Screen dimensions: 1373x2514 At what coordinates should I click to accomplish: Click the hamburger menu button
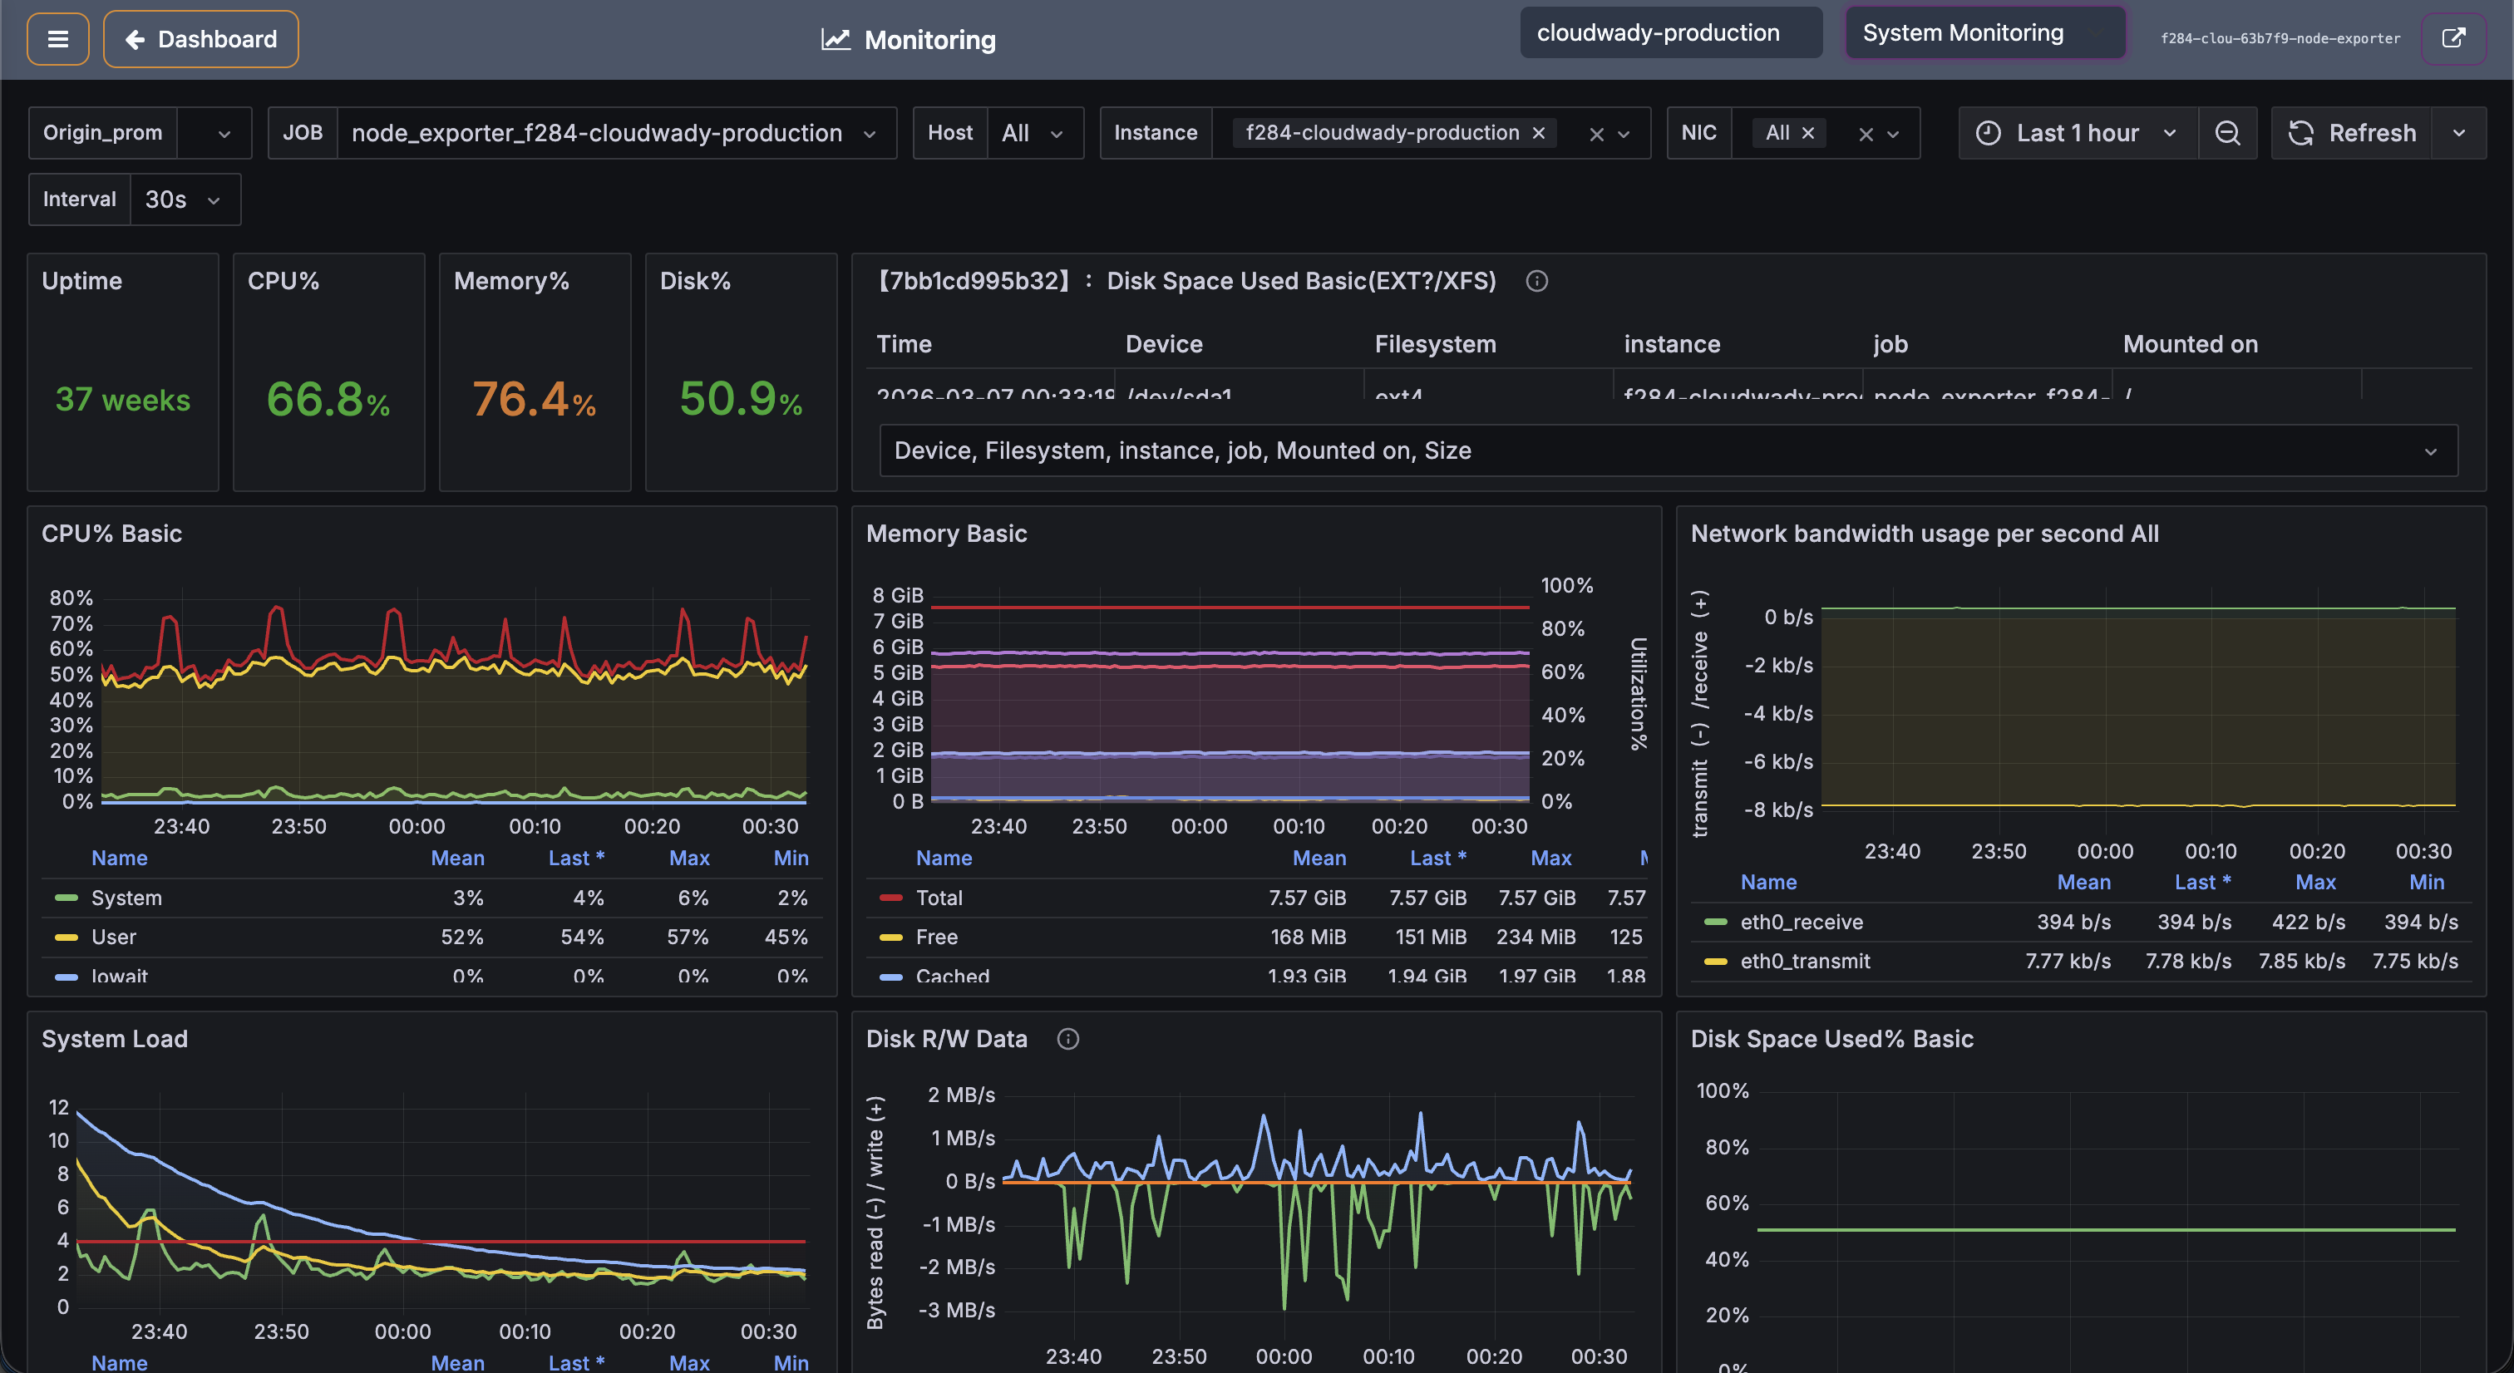(57, 39)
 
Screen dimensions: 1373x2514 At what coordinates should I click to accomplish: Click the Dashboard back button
(201, 39)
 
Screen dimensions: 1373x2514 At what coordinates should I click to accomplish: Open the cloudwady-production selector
(1670, 33)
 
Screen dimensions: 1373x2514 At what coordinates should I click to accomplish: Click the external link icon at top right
(2452, 38)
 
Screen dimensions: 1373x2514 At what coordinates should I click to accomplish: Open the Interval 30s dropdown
(184, 199)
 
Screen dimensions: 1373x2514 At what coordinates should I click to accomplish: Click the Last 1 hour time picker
(2078, 133)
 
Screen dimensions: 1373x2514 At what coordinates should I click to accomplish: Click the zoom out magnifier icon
(2227, 133)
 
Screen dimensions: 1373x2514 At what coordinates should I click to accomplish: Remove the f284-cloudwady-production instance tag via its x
(1539, 133)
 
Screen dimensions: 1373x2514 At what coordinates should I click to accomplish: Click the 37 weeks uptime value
(123, 400)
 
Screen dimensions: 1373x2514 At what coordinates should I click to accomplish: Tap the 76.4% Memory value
(534, 400)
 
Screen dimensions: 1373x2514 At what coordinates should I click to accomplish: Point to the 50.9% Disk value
(741, 400)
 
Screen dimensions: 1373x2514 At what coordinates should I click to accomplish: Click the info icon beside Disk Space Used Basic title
(1536, 281)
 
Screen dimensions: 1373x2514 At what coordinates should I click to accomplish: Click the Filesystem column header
(1435, 344)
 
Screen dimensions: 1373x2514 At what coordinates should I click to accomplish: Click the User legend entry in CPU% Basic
(113, 937)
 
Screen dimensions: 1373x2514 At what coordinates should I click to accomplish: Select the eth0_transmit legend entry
(1805, 962)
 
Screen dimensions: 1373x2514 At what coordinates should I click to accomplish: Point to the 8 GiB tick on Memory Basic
(897, 595)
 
